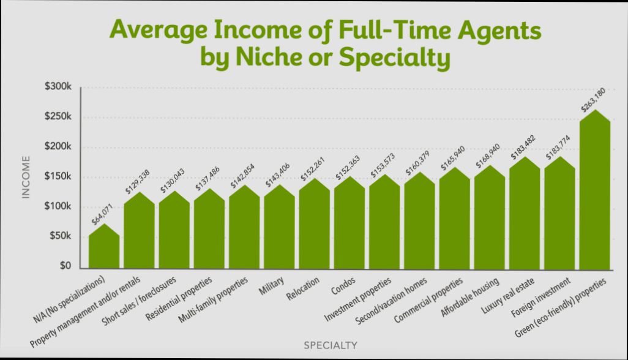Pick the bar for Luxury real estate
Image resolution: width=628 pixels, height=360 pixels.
pyautogui.click(x=525, y=214)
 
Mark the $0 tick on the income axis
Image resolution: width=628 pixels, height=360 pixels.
pyautogui.click(x=65, y=267)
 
